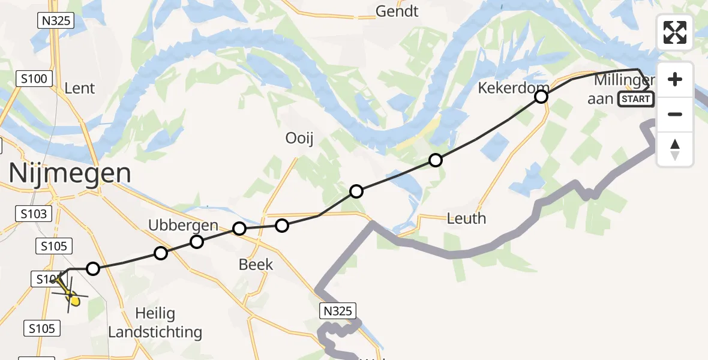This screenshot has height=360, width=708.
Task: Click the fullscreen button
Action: pos(675,32)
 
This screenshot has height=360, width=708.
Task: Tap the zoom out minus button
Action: pos(675,114)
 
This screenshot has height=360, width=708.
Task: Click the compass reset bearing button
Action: pos(675,149)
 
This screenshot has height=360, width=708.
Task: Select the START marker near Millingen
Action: pos(635,99)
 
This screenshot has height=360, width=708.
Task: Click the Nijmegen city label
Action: pos(70,173)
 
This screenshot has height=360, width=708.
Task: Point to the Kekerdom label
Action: pos(513,88)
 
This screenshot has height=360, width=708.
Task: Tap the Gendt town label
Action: pos(397,11)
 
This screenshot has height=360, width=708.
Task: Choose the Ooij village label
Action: pos(299,139)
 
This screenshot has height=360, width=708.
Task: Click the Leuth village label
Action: pos(466,218)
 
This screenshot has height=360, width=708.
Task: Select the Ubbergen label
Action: pos(184,226)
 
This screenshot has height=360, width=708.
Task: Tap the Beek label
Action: pos(256,265)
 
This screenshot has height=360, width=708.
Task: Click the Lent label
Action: pos(79,88)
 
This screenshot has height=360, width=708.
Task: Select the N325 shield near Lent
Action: pos(56,21)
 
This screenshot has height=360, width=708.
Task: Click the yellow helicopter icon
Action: pos(72,296)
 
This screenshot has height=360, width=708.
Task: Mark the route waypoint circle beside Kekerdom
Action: pos(541,97)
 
